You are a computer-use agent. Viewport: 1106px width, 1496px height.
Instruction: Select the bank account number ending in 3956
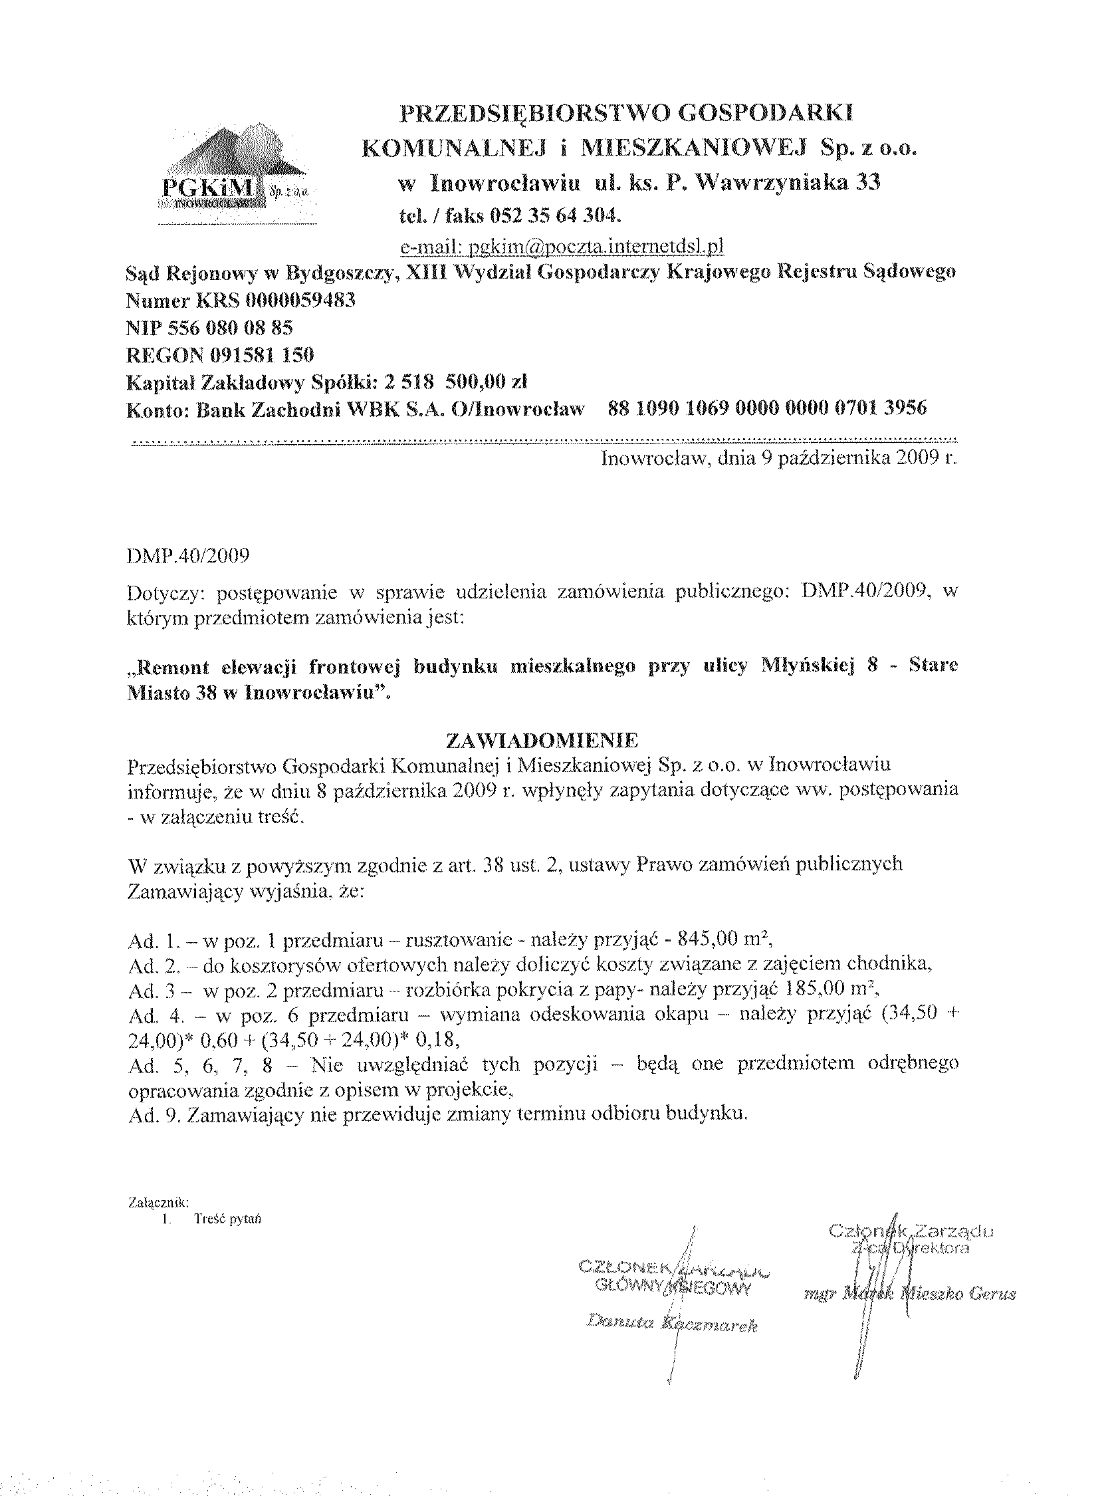click(x=767, y=408)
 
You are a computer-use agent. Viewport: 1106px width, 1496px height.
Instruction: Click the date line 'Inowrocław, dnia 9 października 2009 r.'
click(x=779, y=459)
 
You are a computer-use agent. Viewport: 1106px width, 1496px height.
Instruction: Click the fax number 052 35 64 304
click(x=556, y=215)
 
